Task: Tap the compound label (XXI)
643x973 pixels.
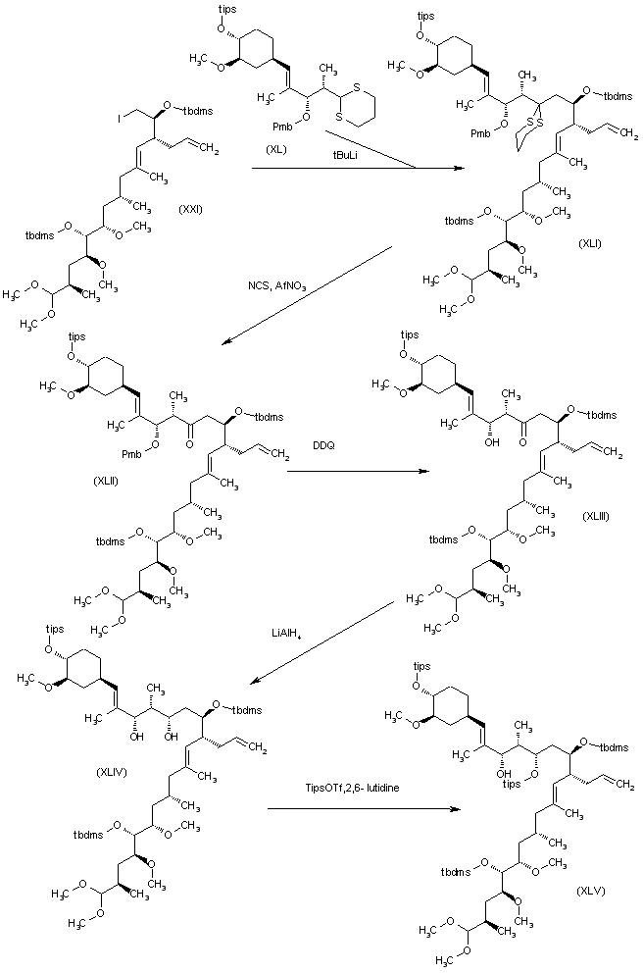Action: point(190,209)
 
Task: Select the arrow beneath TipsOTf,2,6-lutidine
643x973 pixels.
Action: point(363,809)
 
